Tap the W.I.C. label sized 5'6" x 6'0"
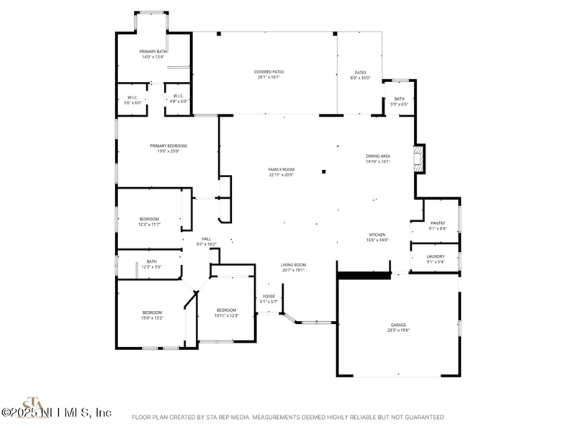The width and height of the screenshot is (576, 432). [133, 99]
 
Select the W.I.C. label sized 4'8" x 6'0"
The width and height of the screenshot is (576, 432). [178, 99]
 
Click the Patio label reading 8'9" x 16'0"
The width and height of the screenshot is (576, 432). [360, 75]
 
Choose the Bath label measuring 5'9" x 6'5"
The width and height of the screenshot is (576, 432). [399, 102]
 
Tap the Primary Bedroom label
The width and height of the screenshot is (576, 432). [163, 148]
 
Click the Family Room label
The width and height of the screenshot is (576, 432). [282, 171]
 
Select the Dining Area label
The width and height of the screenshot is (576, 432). [378, 158]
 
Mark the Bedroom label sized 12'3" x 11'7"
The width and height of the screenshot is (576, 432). [149, 222]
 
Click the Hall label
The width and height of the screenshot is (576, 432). [207, 241]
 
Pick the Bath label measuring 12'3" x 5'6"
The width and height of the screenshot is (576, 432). [151, 264]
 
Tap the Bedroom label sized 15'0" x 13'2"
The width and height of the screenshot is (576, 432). [152, 315]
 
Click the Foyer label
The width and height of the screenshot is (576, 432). [269, 299]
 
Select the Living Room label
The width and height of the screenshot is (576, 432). [293, 267]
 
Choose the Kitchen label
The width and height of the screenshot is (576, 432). [378, 237]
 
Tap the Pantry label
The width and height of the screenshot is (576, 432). [436, 225]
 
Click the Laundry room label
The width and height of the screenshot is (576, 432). [436, 258]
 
